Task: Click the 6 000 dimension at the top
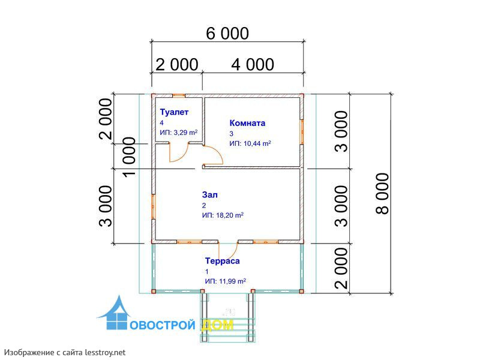point(227,34)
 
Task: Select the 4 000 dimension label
point(253,65)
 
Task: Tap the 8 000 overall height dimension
point(382,193)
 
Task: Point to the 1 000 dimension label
point(129,157)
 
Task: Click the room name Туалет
point(174,112)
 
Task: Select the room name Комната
point(247,123)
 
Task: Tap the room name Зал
point(209,194)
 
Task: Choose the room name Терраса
point(222,261)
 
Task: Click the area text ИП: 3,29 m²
point(178,133)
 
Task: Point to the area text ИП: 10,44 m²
point(250,143)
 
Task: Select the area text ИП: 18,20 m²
point(223,215)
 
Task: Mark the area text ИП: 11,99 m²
point(226,281)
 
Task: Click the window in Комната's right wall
point(302,131)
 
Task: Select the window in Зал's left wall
point(153,206)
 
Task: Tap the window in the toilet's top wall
point(178,95)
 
